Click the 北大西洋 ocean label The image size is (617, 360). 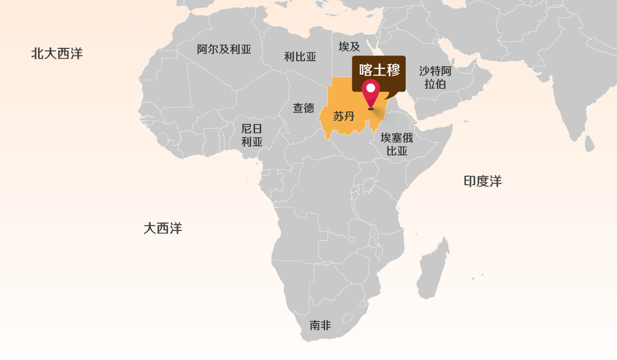57,53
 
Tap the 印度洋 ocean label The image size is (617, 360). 482,181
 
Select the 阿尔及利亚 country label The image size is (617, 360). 224,49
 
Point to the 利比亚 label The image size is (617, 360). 300,57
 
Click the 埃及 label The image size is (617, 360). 349,47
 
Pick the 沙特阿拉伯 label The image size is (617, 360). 435,77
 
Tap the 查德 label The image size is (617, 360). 303,108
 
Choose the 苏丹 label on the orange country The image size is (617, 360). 344,116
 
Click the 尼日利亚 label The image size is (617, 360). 252,135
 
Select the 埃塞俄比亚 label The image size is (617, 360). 396,144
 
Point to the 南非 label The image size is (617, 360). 320,325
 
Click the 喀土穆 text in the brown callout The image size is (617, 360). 379,69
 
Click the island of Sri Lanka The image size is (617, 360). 589,142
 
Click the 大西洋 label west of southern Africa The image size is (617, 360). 162,228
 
